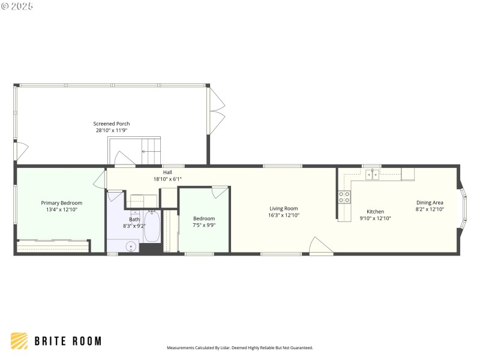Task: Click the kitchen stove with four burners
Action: click(x=344, y=197)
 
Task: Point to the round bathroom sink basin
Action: click(x=131, y=246)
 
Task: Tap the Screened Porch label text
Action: click(x=111, y=124)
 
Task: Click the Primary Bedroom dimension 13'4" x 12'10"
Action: click(x=61, y=210)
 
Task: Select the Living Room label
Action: click(x=283, y=208)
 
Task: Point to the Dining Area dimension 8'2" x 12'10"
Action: click(x=430, y=209)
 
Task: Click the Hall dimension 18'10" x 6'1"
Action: click(x=167, y=179)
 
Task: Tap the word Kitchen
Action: click(x=375, y=211)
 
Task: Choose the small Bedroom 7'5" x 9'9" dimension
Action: click(x=204, y=226)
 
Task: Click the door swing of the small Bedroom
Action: click(x=220, y=191)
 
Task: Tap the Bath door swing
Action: click(x=114, y=196)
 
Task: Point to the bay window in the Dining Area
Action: click(x=462, y=209)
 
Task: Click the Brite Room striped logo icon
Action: click(x=19, y=341)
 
